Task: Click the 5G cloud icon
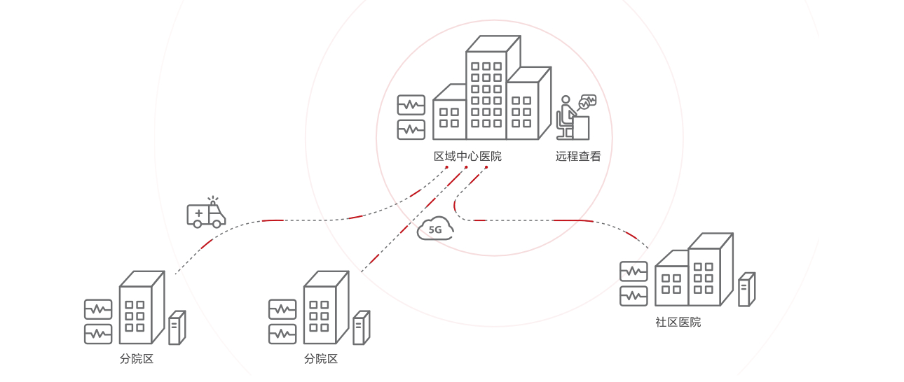435,229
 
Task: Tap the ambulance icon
205,215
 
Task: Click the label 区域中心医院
467,156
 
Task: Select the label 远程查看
578,156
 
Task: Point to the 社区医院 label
678,323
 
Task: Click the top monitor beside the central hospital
411,106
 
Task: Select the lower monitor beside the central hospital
411,129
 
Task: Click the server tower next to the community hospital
746,290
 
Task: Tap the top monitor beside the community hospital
634,271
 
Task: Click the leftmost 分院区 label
136,360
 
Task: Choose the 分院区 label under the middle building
321,360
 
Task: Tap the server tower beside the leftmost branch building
177,328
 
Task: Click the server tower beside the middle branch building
361,328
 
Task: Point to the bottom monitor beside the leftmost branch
98,334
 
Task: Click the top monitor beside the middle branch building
282,309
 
